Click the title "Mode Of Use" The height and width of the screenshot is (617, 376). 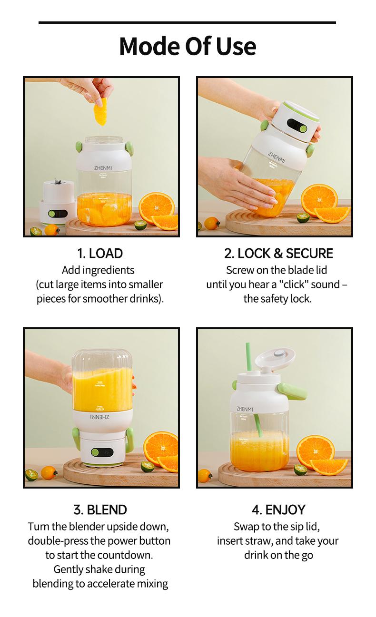click(x=188, y=46)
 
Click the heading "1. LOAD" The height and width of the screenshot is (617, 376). click(x=100, y=253)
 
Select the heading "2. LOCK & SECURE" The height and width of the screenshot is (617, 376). click(x=278, y=253)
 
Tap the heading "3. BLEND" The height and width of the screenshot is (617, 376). click(x=100, y=509)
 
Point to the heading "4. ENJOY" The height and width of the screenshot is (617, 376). click(x=278, y=509)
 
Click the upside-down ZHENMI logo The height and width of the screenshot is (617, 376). click(x=100, y=417)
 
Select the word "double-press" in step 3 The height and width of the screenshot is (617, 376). click(x=58, y=541)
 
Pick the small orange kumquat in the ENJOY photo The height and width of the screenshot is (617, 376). click(x=205, y=475)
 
